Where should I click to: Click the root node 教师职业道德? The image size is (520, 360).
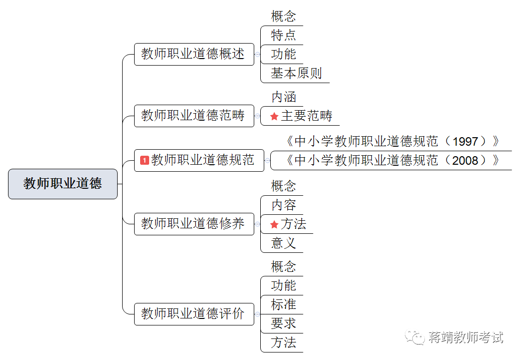[x=63, y=184]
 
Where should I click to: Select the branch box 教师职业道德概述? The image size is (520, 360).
[x=194, y=54]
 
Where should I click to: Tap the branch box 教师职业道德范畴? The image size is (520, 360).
[x=194, y=116]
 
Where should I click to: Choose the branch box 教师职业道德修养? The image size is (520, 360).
[x=194, y=223]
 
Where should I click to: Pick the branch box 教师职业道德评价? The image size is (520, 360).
[x=194, y=314]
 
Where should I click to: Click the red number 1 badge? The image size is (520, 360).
[x=145, y=160]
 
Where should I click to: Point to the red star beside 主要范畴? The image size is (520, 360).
[x=274, y=116]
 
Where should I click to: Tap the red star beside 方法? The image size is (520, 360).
[x=274, y=224]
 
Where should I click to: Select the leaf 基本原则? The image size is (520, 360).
[x=296, y=73]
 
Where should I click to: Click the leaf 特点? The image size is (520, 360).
[x=283, y=35]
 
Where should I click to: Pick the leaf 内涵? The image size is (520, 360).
[x=284, y=97]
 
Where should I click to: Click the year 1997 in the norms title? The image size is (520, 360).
[x=465, y=142]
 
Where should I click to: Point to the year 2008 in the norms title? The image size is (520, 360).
[x=465, y=161]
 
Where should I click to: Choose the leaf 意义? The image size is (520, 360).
[x=283, y=243]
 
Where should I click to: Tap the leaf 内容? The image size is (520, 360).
[x=283, y=205]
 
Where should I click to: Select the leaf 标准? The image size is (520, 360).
[x=283, y=304]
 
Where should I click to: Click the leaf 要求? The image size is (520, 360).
[x=283, y=323]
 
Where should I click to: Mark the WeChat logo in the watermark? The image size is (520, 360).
[x=415, y=337]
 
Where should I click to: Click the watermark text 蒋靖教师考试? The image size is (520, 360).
[x=465, y=337]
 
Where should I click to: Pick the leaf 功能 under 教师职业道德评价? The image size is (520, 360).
[x=283, y=285]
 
